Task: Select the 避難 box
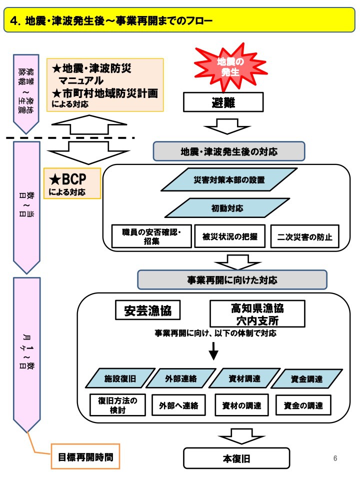(x=223, y=103)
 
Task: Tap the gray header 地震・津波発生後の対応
(x=228, y=151)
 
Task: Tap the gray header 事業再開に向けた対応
(x=232, y=278)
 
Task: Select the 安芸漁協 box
(x=147, y=311)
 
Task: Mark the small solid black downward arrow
(x=213, y=351)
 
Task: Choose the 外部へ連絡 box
(x=178, y=405)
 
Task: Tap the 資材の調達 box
(x=241, y=405)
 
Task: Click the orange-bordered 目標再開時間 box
(x=86, y=456)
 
